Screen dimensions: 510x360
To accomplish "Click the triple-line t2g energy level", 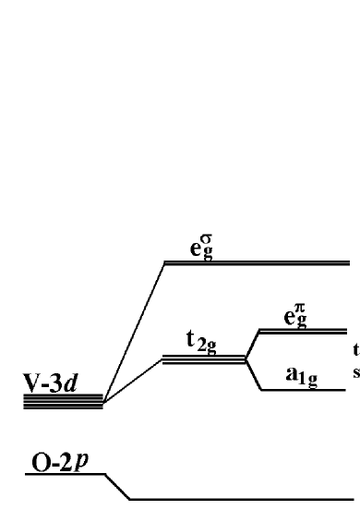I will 203,358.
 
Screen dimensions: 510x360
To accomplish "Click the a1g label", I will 296,378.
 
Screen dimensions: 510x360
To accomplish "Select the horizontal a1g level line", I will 305,390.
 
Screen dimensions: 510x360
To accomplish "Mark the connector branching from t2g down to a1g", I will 253,374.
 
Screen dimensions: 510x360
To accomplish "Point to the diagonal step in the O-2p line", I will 117,487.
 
